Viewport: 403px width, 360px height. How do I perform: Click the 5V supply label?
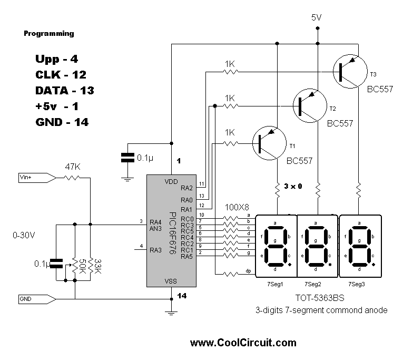point(317,17)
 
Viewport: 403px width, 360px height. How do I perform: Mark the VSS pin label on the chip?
point(171,281)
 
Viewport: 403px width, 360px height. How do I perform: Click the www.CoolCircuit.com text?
point(243,343)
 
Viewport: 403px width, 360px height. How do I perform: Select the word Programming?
point(49,34)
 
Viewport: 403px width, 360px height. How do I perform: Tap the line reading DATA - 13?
point(64,90)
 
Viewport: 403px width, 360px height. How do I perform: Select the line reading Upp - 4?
point(56,59)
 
